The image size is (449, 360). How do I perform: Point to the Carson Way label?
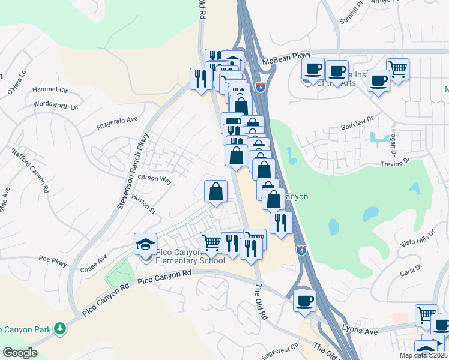(x=155, y=179)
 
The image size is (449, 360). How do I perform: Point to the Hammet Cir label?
(x=50, y=89)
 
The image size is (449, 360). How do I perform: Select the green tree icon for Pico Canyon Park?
(x=59, y=328)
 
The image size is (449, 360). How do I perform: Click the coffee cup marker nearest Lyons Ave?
(x=305, y=300)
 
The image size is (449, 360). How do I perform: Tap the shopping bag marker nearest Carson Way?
(x=216, y=192)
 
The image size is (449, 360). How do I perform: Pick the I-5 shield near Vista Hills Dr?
(x=301, y=248)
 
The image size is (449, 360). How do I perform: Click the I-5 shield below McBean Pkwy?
(x=260, y=87)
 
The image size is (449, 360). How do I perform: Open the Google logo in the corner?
(x=19, y=353)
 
